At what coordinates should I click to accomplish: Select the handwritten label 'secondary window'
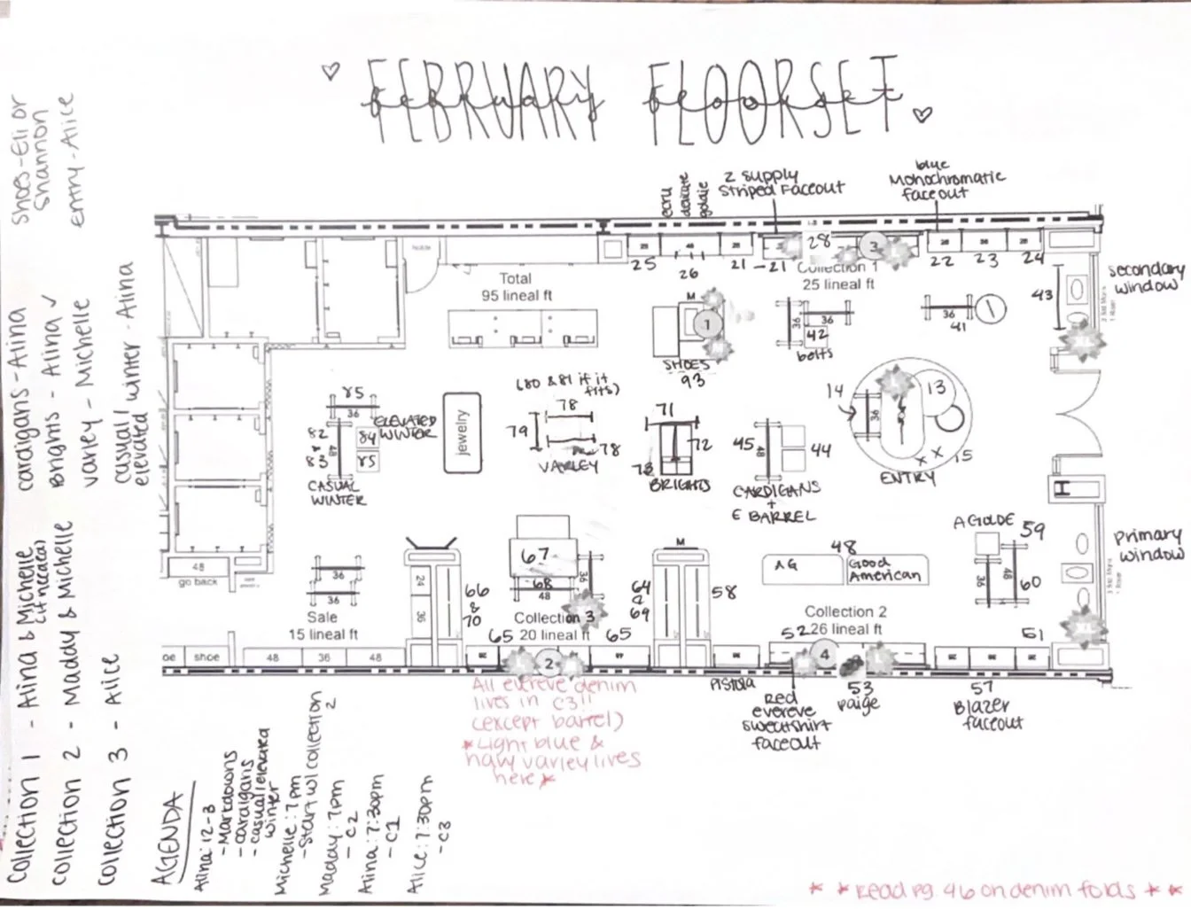(x=1146, y=278)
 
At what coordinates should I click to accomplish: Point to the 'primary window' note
(x=1148, y=545)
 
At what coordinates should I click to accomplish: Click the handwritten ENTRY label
(x=907, y=478)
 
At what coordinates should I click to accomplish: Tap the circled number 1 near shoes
(x=707, y=325)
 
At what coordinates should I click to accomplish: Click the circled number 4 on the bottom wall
(x=825, y=655)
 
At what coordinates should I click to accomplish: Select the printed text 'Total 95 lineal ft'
(x=516, y=286)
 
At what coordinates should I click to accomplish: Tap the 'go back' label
(x=198, y=582)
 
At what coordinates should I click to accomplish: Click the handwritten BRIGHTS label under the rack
(x=681, y=486)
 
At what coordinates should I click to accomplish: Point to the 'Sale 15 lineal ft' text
(x=323, y=625)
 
